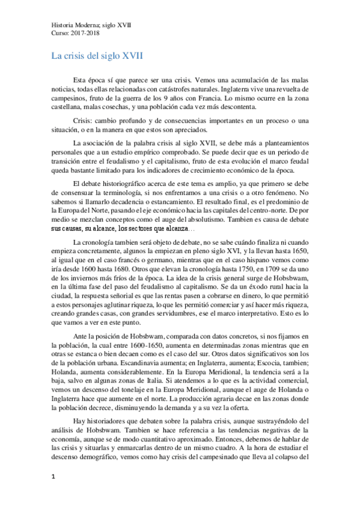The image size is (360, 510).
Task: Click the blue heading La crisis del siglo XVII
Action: click(96, 56)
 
